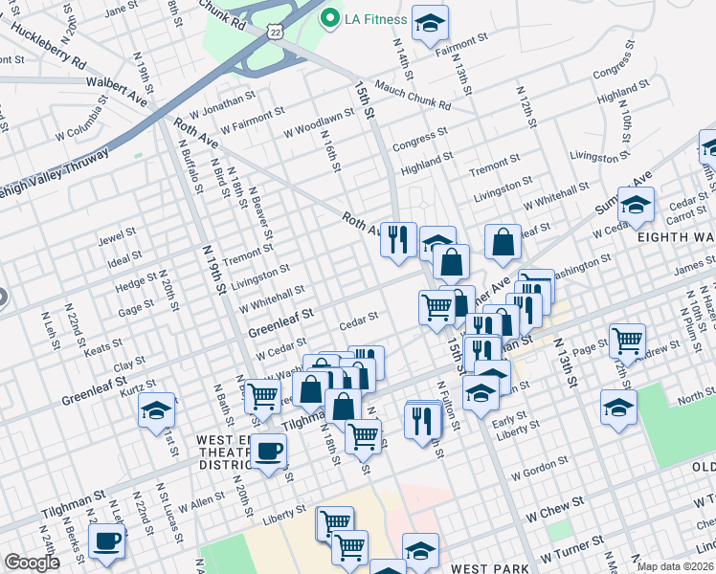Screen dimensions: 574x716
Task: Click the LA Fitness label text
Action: point(377,18)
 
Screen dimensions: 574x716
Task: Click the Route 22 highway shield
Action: point(275,32)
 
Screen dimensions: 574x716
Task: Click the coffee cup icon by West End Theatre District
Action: point(269,450)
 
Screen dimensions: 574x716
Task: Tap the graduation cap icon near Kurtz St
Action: point(157,411)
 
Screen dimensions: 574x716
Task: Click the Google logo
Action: point(32,563)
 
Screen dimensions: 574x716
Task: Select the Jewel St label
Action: point(118,234)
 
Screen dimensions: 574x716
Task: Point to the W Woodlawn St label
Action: point(319,125)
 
